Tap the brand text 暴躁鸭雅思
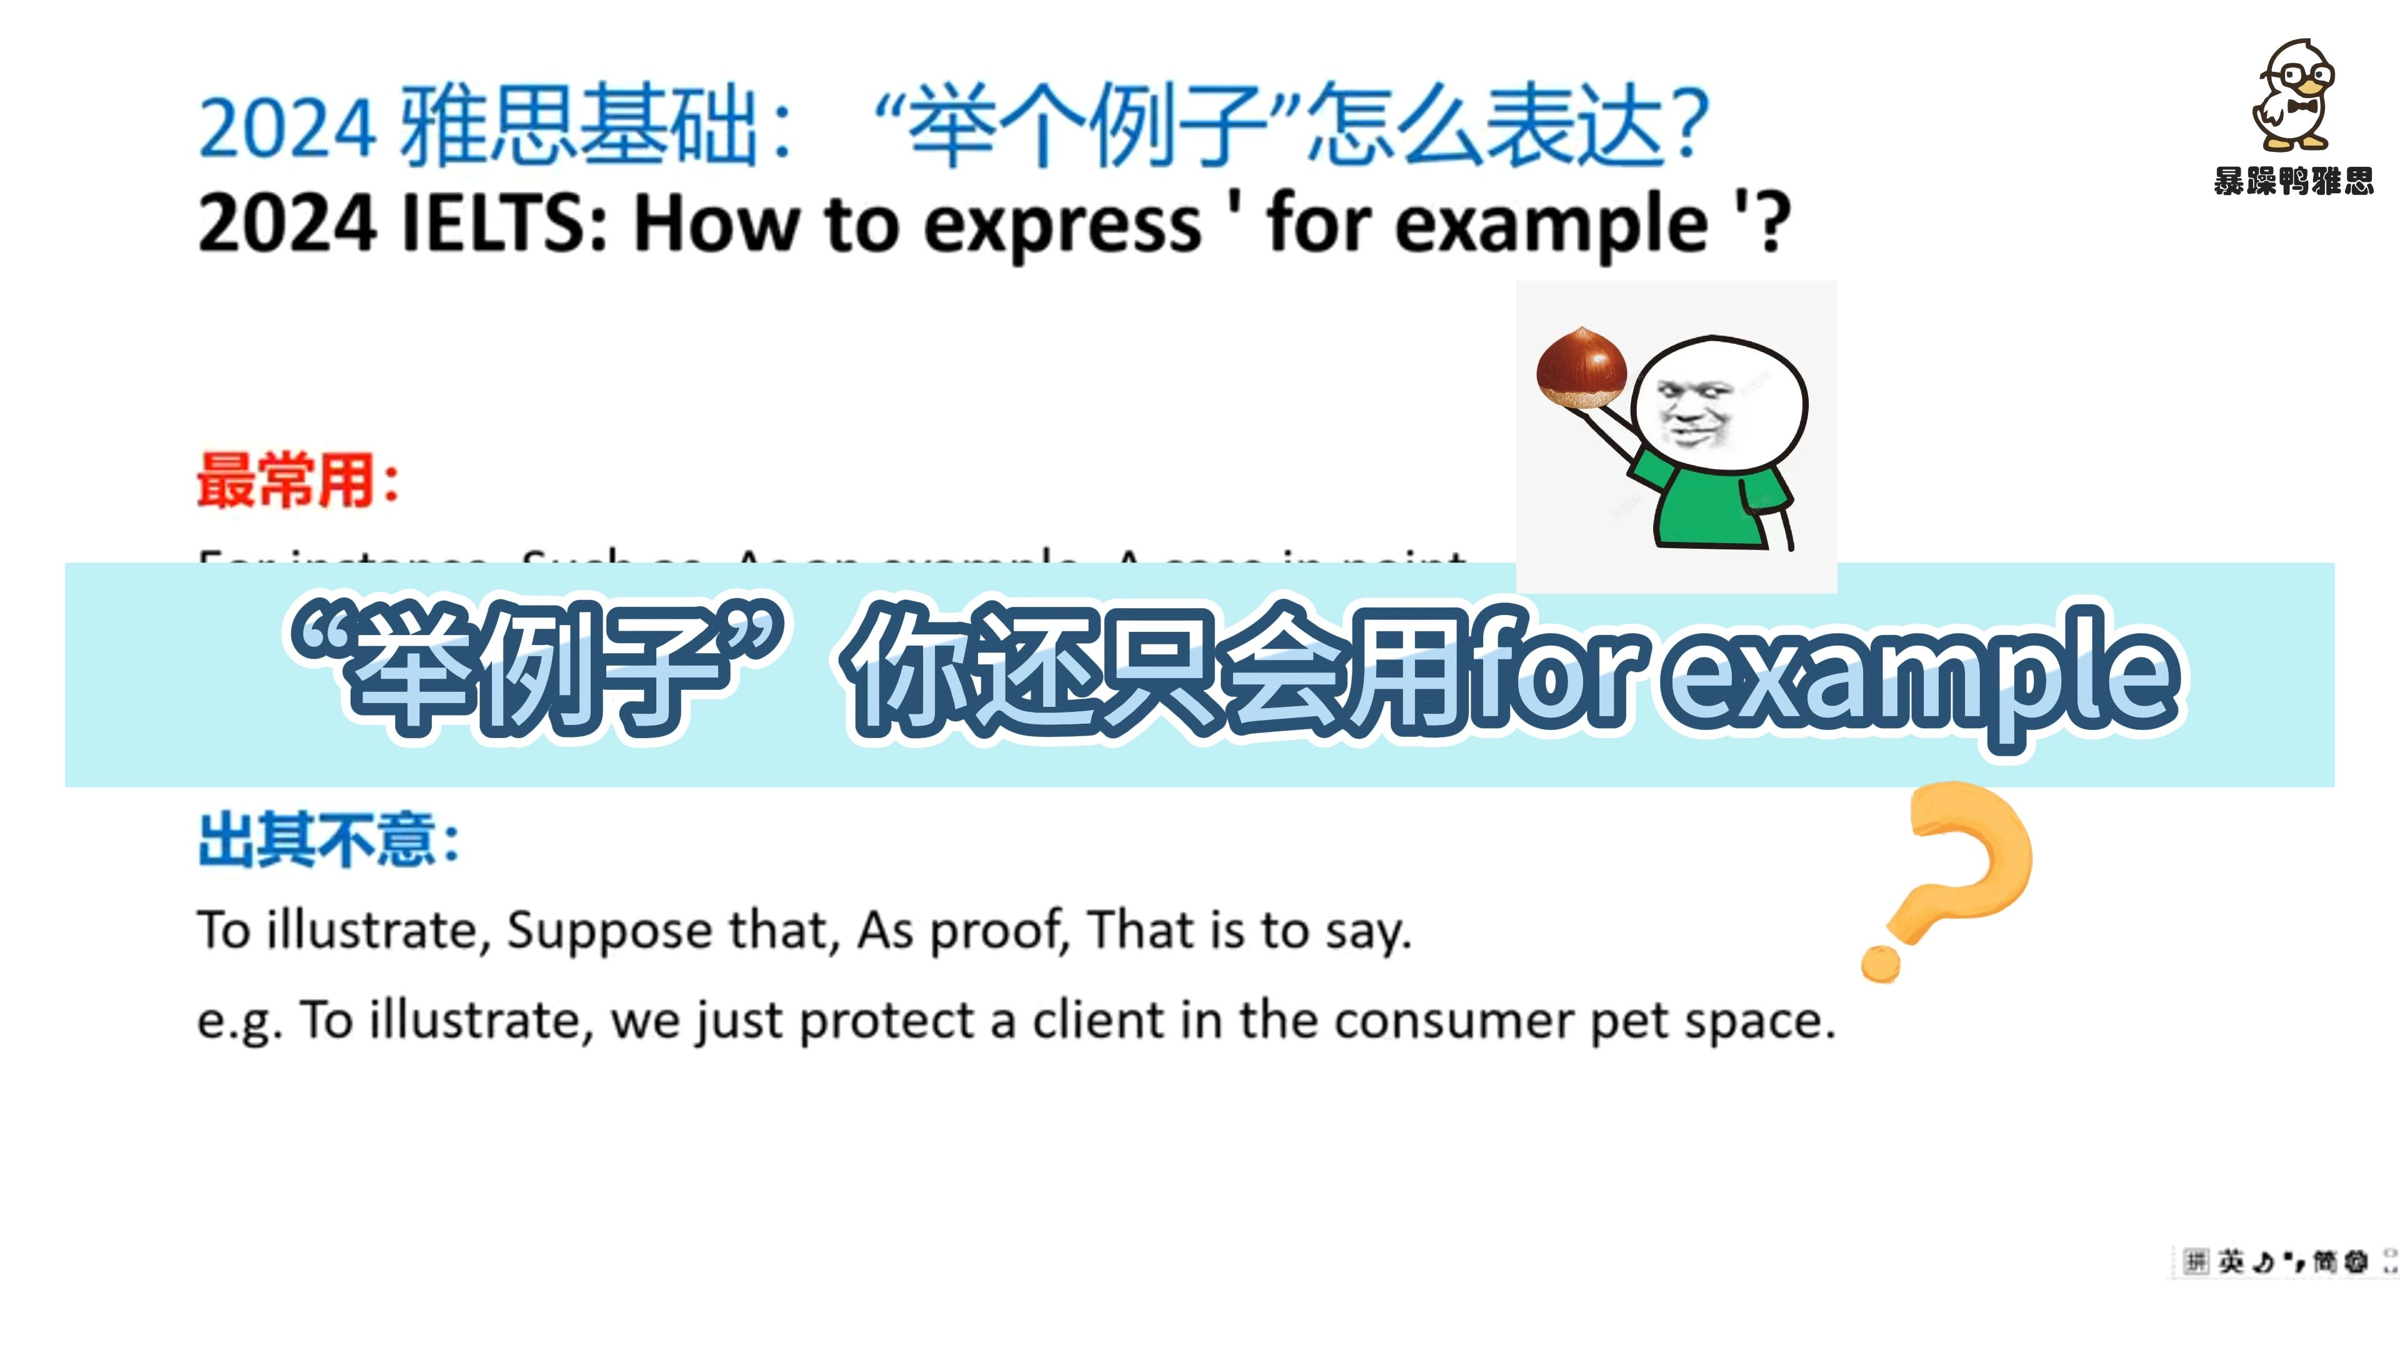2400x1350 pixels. pos(2294,180)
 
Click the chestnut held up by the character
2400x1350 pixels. pos(1581,368)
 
